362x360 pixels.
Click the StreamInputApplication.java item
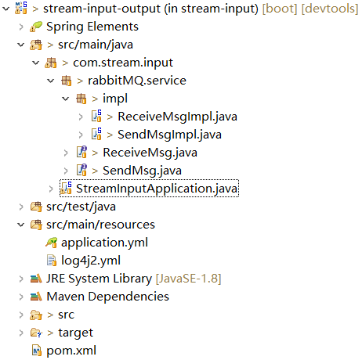pos(157,188)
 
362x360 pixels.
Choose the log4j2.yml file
pos(90,260)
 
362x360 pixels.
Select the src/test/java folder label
pos(81,207)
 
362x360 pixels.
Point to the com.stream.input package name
pos(123,63)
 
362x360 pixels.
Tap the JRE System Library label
pos(99,278)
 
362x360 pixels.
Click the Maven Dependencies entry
pos(107,296)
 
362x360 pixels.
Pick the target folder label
pos(75,332)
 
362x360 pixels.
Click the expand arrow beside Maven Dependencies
pos(20,297)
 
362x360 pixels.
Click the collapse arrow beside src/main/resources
pos(20,225)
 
